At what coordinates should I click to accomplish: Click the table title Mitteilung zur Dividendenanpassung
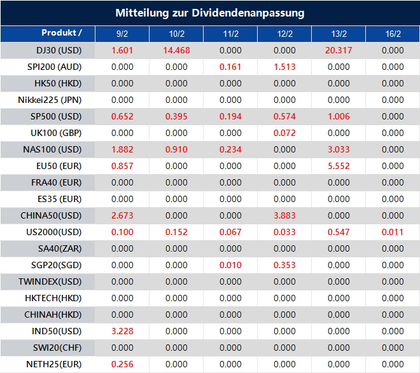pos(209,13)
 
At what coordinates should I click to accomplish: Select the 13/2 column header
pos(339,34)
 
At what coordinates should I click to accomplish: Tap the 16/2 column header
pos(393,34)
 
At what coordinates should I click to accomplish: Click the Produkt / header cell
pos(61,33)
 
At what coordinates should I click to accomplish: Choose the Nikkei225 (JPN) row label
pos(50,100)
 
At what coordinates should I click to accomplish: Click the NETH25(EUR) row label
pos(53,364)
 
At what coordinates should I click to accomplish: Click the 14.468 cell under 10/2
pos(176,50)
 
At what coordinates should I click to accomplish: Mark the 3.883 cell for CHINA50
pos(284,215)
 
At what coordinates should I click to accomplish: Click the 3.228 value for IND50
pos(122,331)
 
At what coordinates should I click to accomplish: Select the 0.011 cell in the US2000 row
pos(393,232)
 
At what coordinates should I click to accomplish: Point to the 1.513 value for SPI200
pos(284,67)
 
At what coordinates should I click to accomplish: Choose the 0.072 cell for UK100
pos(284,133)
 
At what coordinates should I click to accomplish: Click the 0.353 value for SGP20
pos(284,265)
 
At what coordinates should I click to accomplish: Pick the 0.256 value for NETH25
pos(122,364)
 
